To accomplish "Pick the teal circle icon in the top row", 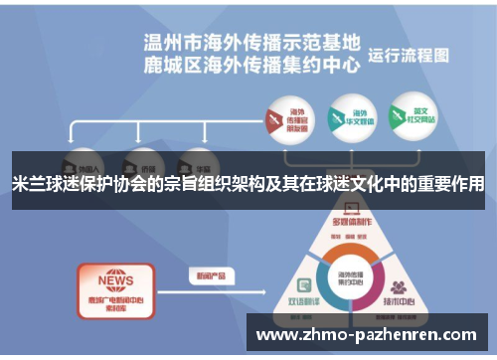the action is point(345,120).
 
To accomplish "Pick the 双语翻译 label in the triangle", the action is point(302,299).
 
